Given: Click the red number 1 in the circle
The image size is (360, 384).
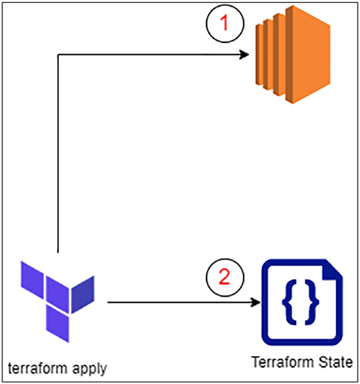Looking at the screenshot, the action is point(224,23).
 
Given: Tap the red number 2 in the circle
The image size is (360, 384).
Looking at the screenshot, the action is point(224,277).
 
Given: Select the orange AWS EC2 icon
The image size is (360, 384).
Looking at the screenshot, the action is point(293,54).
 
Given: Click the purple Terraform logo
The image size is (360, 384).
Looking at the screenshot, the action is point(57,302).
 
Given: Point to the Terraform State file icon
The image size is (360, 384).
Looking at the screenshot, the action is point(302,302).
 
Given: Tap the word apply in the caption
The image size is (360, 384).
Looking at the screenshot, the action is point(90,370).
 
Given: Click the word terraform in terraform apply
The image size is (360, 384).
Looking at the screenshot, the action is point(38,368).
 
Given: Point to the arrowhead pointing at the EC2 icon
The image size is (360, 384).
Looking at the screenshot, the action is point(244,54).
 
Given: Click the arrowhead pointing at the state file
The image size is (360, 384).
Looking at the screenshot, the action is point(256,302).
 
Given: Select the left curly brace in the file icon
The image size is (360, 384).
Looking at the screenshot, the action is point(288,302).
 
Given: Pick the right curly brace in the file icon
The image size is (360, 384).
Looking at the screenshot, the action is point(312,302).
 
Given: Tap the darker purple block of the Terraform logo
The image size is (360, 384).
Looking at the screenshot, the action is point(83,294).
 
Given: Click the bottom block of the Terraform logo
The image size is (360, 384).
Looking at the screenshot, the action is point(57,324).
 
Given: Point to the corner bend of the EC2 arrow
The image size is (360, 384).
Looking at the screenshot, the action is point(58,54).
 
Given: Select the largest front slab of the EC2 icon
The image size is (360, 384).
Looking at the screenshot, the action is point(308,54).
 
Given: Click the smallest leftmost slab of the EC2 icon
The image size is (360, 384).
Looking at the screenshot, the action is point(259,54).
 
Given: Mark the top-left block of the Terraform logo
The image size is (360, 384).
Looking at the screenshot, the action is point(32,280).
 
